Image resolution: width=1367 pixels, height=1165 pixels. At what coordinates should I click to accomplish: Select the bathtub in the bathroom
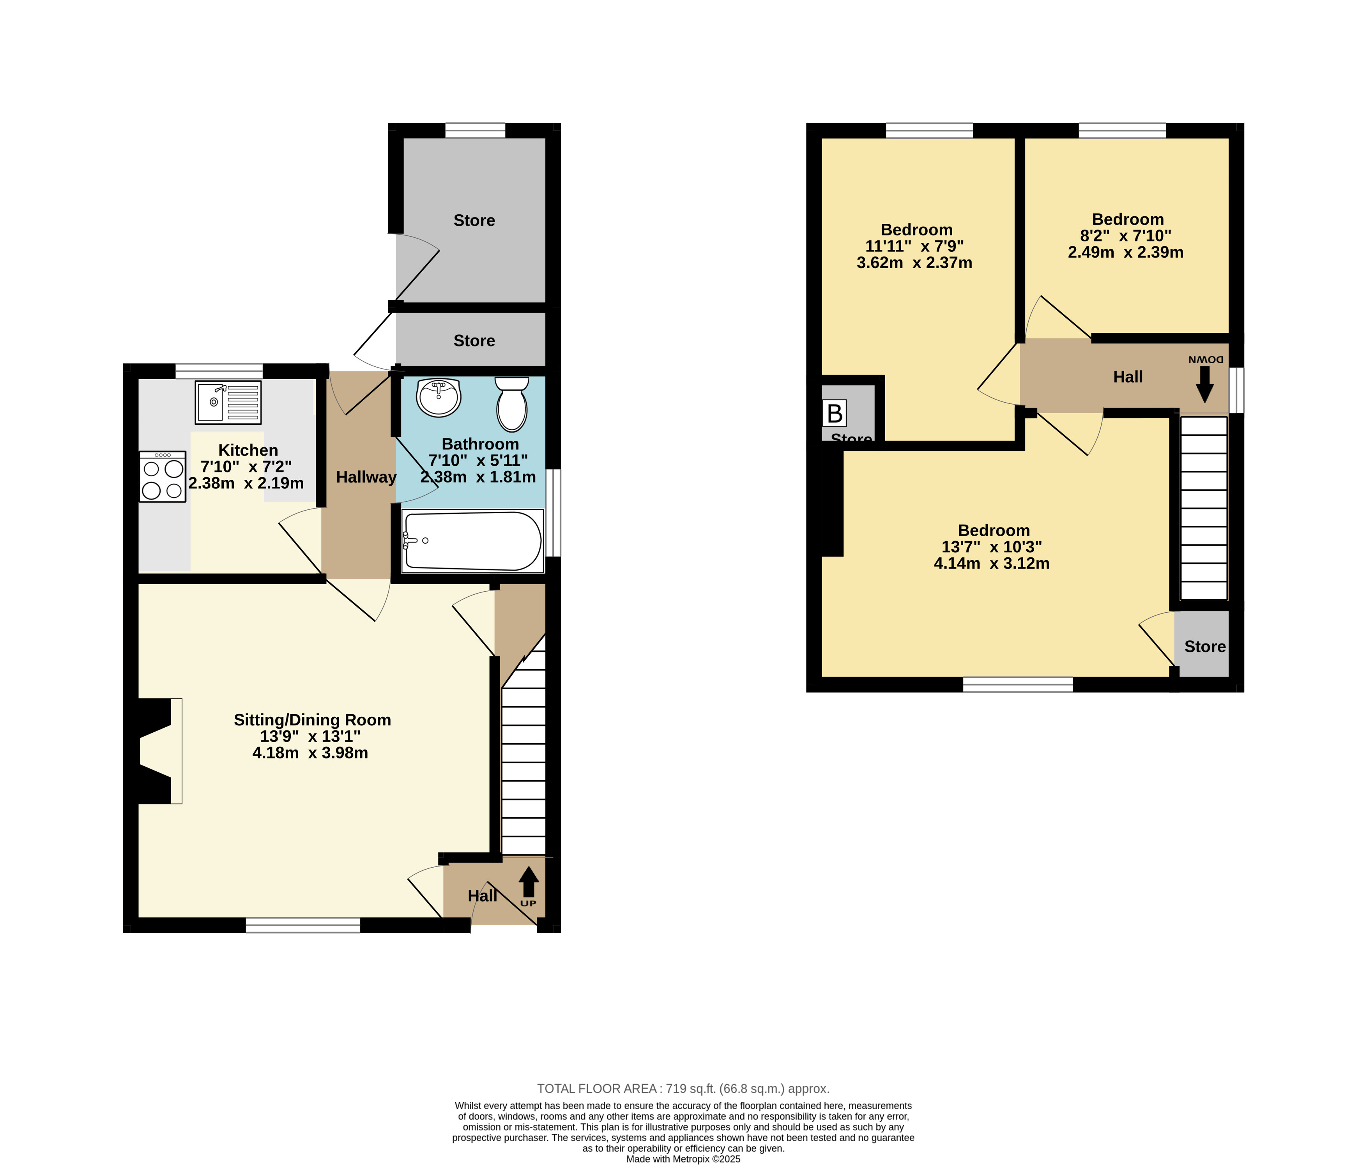click(472, 541)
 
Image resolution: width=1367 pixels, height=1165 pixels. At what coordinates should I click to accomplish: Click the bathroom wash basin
click(438, 397)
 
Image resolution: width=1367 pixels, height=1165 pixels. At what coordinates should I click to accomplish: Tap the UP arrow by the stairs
click(529, 882)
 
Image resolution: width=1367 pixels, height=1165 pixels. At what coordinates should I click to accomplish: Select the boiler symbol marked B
click(835, 414)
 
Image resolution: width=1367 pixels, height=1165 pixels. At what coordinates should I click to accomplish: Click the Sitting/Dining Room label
click(312, 720)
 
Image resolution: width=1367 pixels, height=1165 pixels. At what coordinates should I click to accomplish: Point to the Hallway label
click(366, 477)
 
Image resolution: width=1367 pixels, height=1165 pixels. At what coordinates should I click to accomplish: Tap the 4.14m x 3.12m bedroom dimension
click(992, 563)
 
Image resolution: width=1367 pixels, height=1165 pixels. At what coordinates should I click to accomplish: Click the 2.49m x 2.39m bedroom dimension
click(1126, 252)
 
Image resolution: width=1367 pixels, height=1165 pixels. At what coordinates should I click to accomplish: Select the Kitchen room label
click(248, 450)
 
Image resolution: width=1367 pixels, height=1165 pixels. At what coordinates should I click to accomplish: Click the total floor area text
click(683, 1089)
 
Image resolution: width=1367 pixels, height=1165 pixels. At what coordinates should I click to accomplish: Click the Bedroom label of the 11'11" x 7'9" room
click(916, 230)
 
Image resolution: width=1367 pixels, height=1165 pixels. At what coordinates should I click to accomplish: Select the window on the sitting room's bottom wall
click(303, 925)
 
